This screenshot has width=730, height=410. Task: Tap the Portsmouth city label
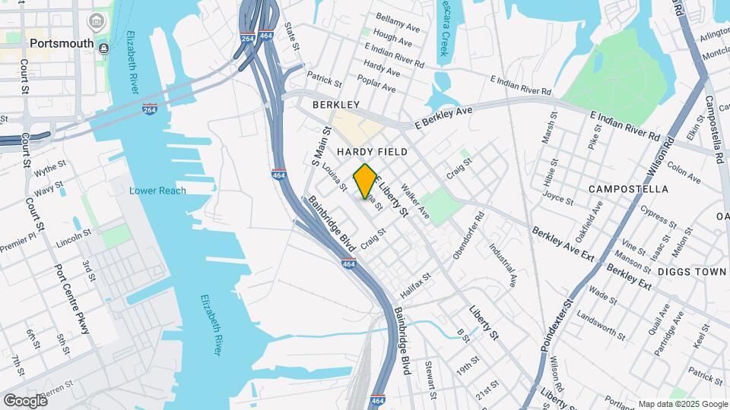62,43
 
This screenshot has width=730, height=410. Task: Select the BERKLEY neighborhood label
335,104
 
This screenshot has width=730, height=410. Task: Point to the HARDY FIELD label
372,152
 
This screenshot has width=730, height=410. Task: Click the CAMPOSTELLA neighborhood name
628,188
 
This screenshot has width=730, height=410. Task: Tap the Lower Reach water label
157,191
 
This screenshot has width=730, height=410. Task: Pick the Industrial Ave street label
503,264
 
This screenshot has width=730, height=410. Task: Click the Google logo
24,400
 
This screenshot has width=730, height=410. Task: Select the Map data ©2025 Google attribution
683,404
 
